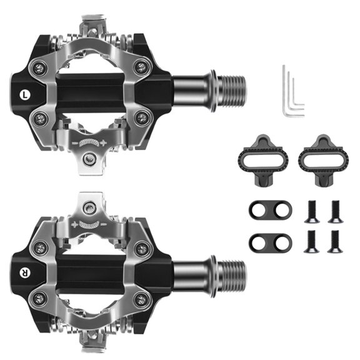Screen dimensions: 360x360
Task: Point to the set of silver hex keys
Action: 291,91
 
